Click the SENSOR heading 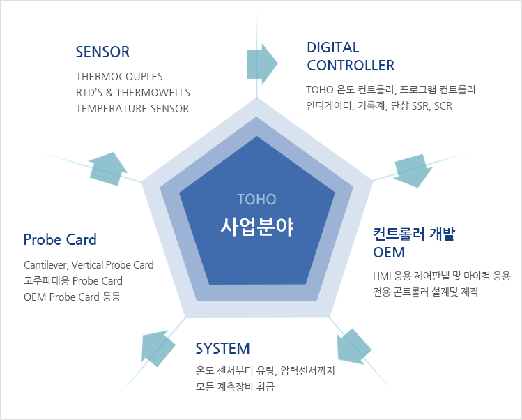pos(102,52)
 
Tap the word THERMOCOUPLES pos(119,77)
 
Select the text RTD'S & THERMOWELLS pos(133,92)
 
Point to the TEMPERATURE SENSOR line pos(132,109)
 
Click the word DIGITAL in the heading pos(333,47)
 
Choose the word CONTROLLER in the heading pos(351,66)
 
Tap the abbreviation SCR pos(443,106)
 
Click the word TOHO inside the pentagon pos(256,200)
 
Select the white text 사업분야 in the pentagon pos(257,227)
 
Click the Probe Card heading pos(60,240)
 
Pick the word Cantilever pos(46,265)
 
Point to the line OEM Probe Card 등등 pos(72,297)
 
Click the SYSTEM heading pos(222,348)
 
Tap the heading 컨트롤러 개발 pos(414,234)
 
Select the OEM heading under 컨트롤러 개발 pos(389,253)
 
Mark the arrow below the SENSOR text pos(108,169)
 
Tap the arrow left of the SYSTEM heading pos(158,348)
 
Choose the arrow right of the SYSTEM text pos(353,347)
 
